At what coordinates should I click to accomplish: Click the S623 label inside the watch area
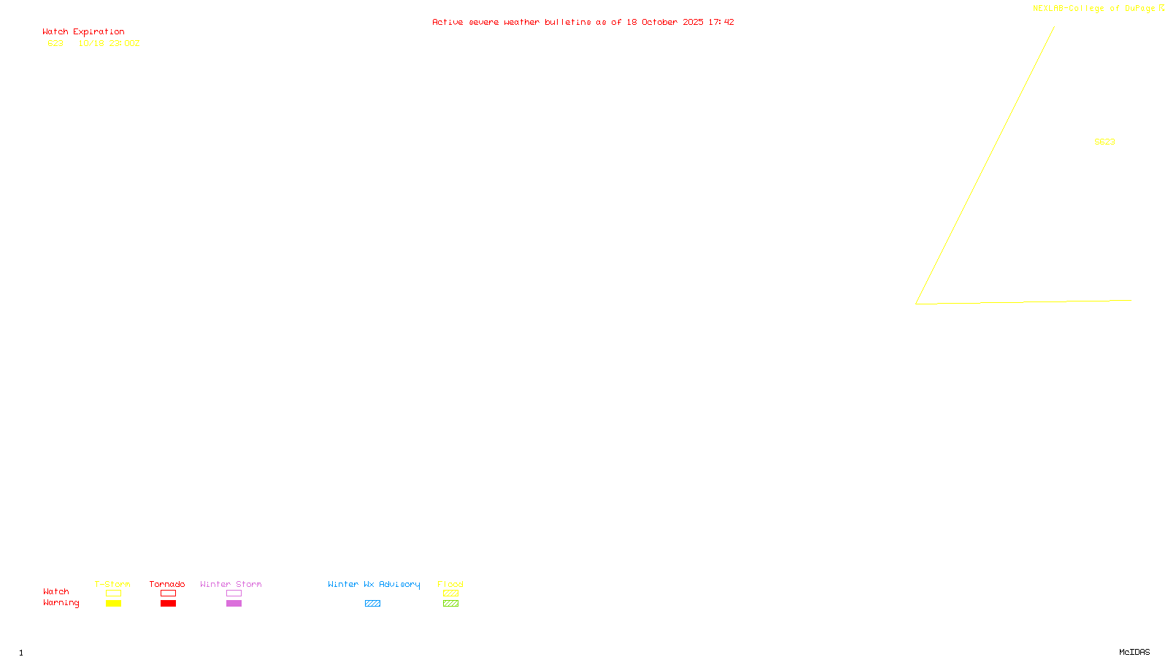click(x=1104, y=142)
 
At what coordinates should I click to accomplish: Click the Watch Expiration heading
click(x=83, y=32)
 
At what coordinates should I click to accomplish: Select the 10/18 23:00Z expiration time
click(x=109, y=44)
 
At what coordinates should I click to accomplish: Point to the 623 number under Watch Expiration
click(x=55, y=44)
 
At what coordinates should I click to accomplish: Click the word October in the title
click(x=659, y=23)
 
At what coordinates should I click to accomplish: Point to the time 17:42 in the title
click(x=721, y=23)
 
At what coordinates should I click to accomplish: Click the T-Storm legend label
click(x=112, y=585)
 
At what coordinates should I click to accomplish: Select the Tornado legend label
click(x=167, y=585)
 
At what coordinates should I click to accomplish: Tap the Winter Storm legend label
click(x=231, y=585)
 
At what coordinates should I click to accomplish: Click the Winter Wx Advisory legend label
click(x=374, y=585)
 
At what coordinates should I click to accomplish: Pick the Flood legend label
click(x=450, y=585)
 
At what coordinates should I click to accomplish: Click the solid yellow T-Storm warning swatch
click(x=113, y=604)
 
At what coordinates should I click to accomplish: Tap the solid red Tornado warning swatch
click(x=168, y=604)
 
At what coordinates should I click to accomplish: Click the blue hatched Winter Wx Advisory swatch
click(x=372, y=604)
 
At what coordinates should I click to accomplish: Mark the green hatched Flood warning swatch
click(x=450, y=604)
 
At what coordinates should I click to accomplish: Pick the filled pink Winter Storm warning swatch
click(x=234, y=604)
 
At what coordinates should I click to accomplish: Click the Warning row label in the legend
click(x=61, y=603)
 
